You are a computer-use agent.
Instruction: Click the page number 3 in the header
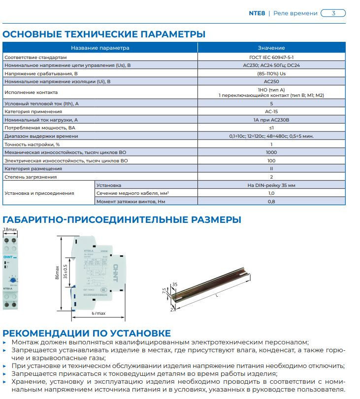click(333, 13)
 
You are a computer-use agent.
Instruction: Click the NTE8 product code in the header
click(257, 13)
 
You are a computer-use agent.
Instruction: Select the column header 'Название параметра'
click(100, 48)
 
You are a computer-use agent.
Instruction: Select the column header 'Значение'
click(271, 48)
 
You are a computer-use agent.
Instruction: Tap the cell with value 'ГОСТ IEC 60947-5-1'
click(271, 57)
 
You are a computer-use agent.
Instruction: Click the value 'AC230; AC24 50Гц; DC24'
click(271, 65)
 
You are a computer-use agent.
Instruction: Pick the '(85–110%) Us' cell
click(271, 73)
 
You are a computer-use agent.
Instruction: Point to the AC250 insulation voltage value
click(271, 81)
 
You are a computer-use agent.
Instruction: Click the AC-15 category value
click(271, 111)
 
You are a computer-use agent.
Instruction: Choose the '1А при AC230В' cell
click(271, 120)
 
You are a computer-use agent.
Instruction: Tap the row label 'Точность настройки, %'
click(32, 144)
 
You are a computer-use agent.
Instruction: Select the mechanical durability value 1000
click(271, 153)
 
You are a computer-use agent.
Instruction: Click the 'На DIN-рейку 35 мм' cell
click(271, 185)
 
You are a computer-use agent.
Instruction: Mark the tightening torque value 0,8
click(271, 202)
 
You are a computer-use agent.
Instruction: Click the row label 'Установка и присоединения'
click(39, 193)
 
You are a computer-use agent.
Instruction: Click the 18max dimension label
click(10, 230)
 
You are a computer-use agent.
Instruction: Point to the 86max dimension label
click(58, 272)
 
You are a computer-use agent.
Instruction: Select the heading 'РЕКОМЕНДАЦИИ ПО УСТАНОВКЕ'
click(87, 333)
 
